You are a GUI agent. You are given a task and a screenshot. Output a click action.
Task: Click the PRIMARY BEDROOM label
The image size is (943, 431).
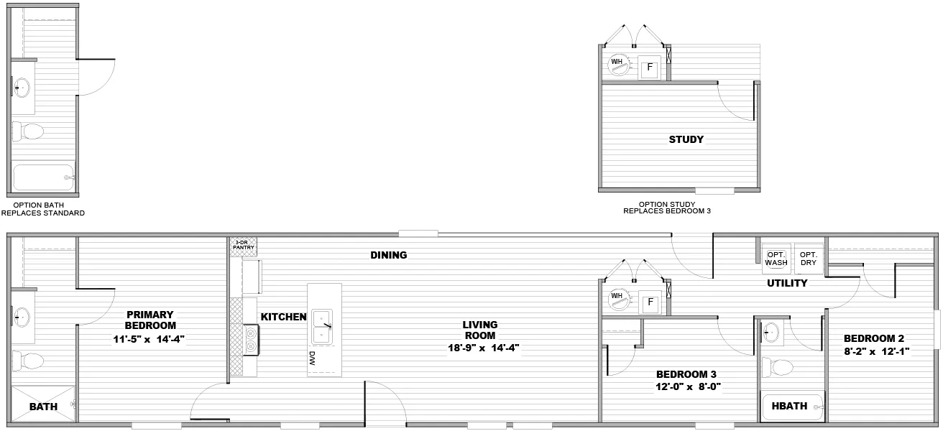pyautogui.click(x=150, y=320)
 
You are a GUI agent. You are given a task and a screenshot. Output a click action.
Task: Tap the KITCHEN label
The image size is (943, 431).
pyautogui.click(x=283, y=317)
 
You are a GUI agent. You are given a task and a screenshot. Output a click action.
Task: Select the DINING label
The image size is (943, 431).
pyautogui.click(x=389, y=255)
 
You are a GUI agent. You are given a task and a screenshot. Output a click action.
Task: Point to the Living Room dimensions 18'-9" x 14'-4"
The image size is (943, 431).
pyautogui.click(x=483, y=348)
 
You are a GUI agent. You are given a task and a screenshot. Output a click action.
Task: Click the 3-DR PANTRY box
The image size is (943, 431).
pyautogui.click(x=244, y=246)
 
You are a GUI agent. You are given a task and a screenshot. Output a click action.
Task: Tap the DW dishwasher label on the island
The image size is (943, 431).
pyautogui.click(x=312, y=358)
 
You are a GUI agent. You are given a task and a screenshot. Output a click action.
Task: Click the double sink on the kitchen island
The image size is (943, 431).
pyautogui.click(x=322, y=327)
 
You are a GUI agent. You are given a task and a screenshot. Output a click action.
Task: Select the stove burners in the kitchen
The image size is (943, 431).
pyautogui.click(x=251, y=340)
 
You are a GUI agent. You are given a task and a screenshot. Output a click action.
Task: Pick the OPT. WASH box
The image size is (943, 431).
pyautogui.click(x=776, y=259)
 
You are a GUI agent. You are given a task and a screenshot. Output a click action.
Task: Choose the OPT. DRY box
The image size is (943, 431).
pyautogui.click(x=809, y=259)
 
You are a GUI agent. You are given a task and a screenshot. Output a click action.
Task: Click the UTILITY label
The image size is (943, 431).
pyautogui.click(x=787, y=283)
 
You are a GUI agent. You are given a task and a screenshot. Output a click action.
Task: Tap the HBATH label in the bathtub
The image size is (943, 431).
pyautogui.click(x=789, y=406)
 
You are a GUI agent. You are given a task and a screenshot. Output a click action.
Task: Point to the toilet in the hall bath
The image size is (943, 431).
pyautogui.click(x=777, y=367)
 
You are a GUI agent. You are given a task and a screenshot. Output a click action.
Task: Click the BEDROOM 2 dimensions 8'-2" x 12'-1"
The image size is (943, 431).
pyautogui.click(x=876, y=351)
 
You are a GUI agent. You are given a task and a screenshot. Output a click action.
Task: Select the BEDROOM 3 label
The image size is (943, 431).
pyautogui.click(x=686, y=374)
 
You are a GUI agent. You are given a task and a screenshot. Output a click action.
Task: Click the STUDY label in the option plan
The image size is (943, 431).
pyautogui.click(x=686, y=139)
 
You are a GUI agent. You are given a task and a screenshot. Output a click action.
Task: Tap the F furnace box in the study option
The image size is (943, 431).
pyautogui.click(x=649, y=68)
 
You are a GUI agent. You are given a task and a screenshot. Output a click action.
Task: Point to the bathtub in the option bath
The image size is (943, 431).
pyautogui.click(x=43, y=177)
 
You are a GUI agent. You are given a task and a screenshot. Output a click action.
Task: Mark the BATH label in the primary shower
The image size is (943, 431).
pyautogui.click(x=43, y=407)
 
